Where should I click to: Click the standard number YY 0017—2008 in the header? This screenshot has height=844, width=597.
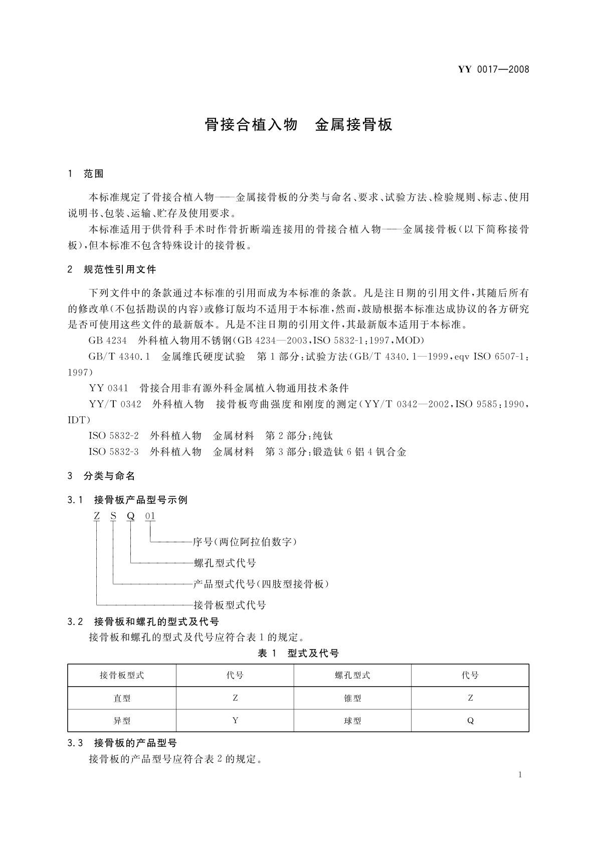pyautogui.click(x=494, y=69)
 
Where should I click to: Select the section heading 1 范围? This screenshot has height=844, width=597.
pyautogui.click(x=86, y=174)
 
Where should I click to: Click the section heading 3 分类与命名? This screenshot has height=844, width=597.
pyautogui.click(x=101, y=476)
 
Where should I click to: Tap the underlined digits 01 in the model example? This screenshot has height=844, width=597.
pyautogui.click(x=150, y=516)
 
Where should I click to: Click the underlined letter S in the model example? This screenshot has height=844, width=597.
pyautogui.click(x=114, y=516)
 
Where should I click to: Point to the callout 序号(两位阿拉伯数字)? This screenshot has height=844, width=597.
pyautogui.click(x=245, y=542)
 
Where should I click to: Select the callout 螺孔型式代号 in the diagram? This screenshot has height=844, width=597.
pyautogui.click(x=225, y=563)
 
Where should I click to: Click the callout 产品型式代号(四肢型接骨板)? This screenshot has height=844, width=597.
pyautogui.click(x=261, y=584)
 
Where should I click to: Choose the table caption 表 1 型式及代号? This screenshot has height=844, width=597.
pyautogui.click(x=298, y=653)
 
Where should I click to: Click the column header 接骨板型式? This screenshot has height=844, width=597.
pyautogui.click(x=122, y=676)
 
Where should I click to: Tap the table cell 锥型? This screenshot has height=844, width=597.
pyautogui.click(x=352, y=698)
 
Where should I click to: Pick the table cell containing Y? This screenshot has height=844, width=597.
pyautogui.click(x=235, y=721)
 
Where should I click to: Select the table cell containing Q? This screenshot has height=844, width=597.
pyautogui.click(x=470, y=721)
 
